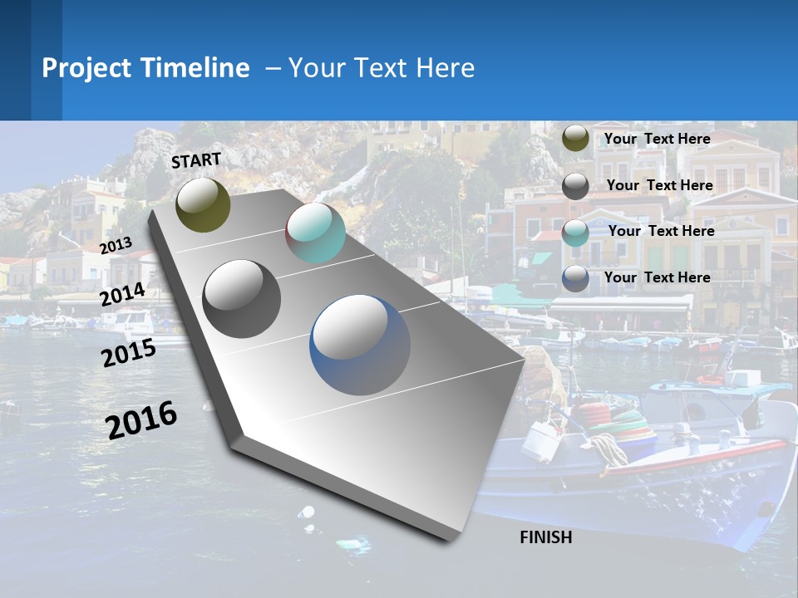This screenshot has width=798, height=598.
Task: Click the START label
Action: pyautogui.click(x=196, y=160)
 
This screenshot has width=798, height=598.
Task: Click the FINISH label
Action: pyautogui.click(x=545, y=537)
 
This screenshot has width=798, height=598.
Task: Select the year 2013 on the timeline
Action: pyautogui.click(x=116, y=245)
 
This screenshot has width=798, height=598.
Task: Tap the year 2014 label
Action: pyautogui.click(x=122, y=295)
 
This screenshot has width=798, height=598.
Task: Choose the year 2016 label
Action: pyautogui.click(x=141, y=419)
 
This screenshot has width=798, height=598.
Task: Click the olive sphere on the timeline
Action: pyautogui.click(x=203, y=204)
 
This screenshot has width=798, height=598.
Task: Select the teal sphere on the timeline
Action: pyautogui.click(x=315, y=233)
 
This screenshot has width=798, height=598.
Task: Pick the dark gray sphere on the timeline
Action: pyautogui.click(x=242, y=298)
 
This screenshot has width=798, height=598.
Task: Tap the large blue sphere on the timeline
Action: pyautogui.click(x=360, y=345)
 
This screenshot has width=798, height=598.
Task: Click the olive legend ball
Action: pyautogui.click(x=575, y=139)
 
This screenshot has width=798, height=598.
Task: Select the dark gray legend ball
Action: pyautogui.click(x=575, y=185)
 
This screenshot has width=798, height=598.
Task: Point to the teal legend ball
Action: pyautogui.click(x=575, y=232)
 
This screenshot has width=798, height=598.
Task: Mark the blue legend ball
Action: pyautogui.click(x=575, y=278)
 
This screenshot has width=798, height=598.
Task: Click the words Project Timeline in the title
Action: pyautogui.click(x=145, y=68)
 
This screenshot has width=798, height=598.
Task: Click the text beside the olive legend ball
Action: pyautogui.click(x=657, y=139)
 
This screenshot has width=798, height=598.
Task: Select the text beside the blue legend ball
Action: pyautogui.click(x=657, y=277)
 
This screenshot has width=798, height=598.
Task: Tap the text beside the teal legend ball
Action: pyautogui.click(x=661, y=231)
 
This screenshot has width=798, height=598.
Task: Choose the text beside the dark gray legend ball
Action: pyautogui.click(x=659, y=185)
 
